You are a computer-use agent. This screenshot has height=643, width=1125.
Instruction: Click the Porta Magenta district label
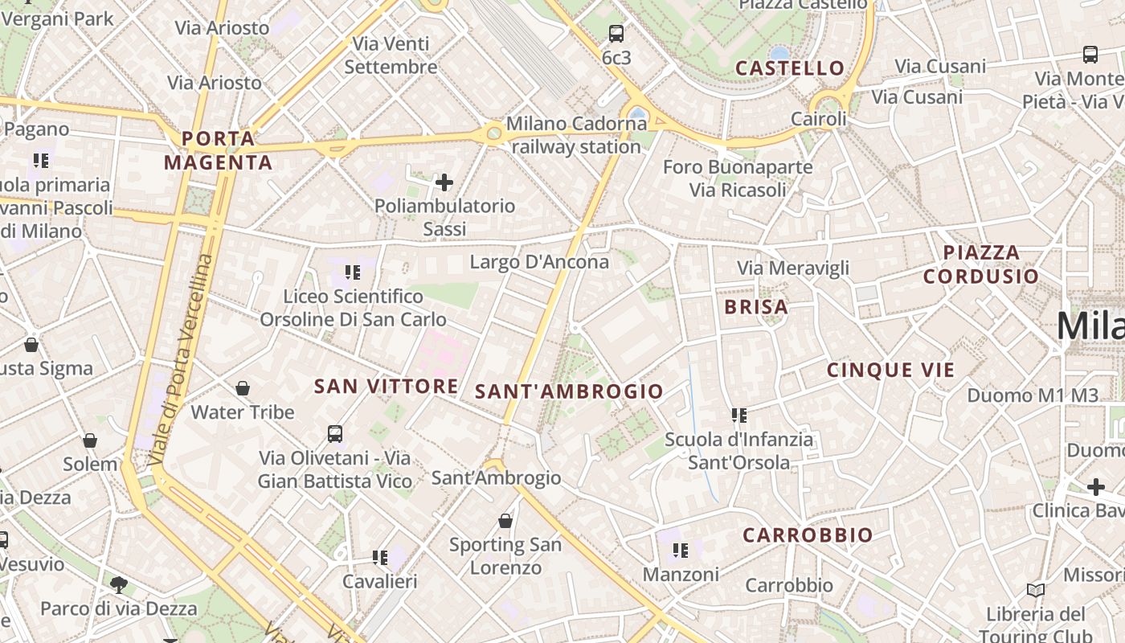coord(219,150)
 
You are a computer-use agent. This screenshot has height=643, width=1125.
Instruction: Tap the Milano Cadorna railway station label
coord(576,136)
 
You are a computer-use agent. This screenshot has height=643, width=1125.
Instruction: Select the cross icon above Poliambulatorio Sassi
coord(444,183)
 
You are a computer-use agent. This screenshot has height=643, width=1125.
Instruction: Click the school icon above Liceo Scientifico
coord(353,273)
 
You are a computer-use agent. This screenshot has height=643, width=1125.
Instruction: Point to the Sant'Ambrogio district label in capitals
coord(569,391)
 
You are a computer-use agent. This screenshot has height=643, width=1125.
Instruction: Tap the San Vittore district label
coord(386,387)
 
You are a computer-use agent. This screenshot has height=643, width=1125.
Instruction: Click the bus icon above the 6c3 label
coord(616,34)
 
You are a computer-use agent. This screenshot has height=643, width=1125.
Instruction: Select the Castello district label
coord(790,68)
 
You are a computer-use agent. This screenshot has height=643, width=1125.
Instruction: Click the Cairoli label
coord(819,119)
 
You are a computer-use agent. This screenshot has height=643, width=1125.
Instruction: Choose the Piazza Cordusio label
coord(980,264)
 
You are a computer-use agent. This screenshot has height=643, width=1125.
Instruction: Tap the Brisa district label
coord(756,306)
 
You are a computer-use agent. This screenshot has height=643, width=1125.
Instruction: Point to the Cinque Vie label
coord(891,371)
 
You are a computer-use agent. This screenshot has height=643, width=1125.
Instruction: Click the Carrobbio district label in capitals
coord(808,535)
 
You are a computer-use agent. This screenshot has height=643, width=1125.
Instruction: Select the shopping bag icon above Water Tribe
coord(243,389)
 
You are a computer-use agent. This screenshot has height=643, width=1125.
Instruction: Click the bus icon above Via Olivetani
coord(335,434)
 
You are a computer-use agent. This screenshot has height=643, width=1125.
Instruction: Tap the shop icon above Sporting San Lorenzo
coord(505,521)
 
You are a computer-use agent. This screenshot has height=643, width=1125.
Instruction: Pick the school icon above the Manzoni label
coord(681,551)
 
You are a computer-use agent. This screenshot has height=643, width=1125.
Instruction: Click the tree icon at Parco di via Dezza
coord(119,584)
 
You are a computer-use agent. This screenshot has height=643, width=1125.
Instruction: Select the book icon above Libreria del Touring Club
coord(1036,591)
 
